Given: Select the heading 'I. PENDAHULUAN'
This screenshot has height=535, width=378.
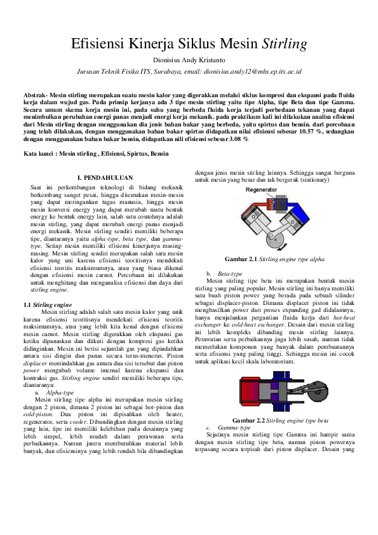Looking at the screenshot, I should pos(104,179).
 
